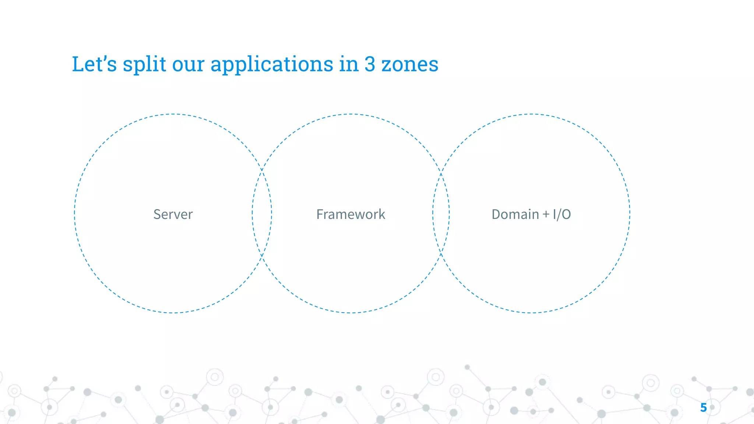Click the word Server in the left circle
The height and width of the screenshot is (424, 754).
click(173, 214)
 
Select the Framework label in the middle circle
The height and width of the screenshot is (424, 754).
click(350, 214)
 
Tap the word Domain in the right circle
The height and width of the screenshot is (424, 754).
click(515, 214)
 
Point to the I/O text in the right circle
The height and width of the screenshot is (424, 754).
click(562, 214)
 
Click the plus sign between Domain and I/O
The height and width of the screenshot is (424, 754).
click(546, 214)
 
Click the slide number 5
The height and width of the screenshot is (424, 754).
click(703, 407)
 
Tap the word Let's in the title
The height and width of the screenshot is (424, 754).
click(94, 64)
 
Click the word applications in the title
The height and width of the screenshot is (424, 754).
click(272, 65)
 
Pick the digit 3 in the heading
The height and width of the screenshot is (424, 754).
click(370, 64)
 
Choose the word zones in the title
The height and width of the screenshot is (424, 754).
click(409, 65)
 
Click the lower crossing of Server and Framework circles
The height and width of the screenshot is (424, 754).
click(262, 255)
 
